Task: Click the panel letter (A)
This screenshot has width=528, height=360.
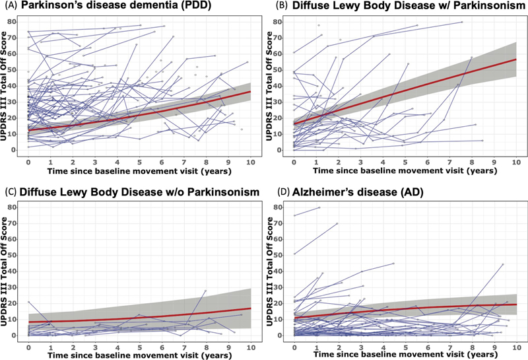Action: pos(9,6)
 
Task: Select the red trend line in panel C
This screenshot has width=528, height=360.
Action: pos(139,317)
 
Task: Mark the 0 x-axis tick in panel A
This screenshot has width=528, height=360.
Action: pos(28,161)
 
